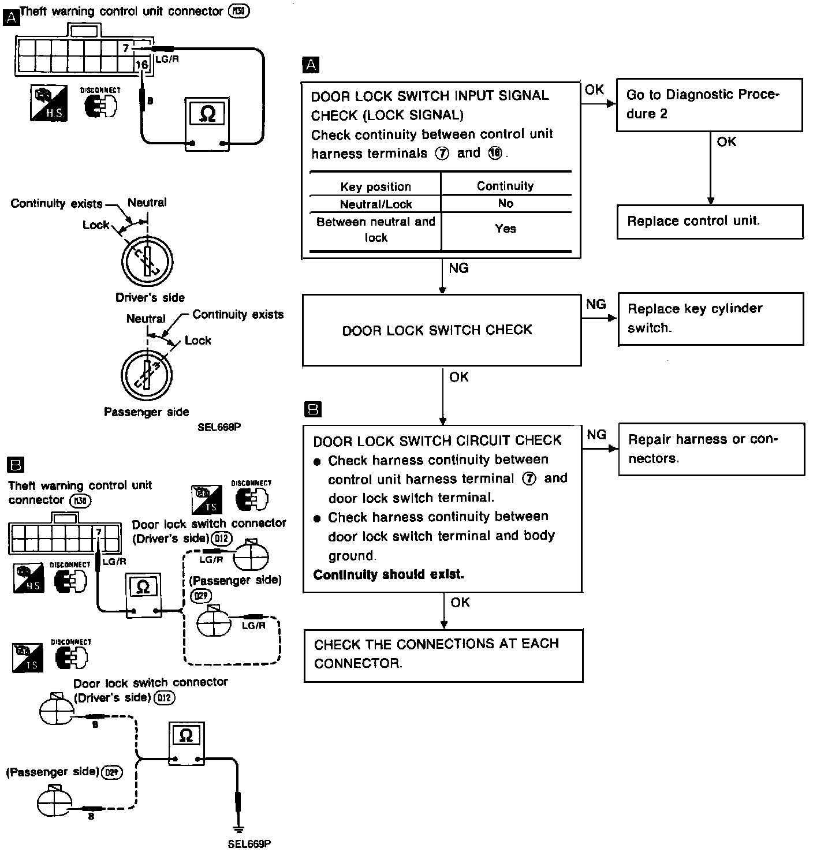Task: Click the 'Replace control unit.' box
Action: coord(710,221)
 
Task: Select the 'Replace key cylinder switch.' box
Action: coord(710,319)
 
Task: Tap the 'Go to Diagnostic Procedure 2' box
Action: coord(709,104)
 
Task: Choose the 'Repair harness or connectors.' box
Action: coord(711,449)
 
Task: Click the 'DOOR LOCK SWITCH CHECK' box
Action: coord(441,330)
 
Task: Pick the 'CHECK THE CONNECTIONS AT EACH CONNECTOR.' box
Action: coord(443,655)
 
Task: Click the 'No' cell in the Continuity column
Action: coord(505,204)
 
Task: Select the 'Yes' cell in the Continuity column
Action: coord(505,229)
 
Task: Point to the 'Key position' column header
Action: coord(375,186)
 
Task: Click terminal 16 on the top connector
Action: coord(142,65)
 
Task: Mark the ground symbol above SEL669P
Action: coord(237,829)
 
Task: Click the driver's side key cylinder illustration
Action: coord(147,260)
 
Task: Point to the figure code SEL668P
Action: coord(218,428)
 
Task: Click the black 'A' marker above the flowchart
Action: coord(311,65)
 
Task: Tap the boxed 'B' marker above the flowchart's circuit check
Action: coord(312,410)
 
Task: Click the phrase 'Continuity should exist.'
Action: coord(389,575)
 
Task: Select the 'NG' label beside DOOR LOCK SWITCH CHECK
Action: coord(596,304)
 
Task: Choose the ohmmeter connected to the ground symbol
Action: coord(186,743)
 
